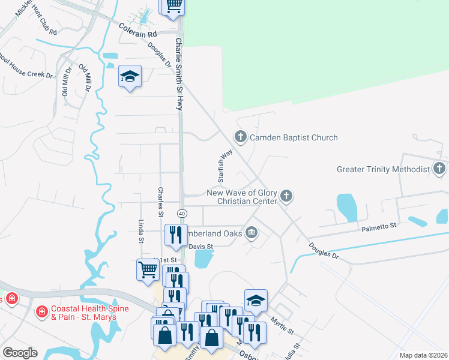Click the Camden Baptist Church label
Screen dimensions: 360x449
pyautogui.click(x=294, y=137)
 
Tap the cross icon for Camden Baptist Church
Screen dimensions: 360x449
pyautogui.click(x=240, y=137)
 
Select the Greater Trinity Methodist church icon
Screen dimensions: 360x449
pyautogui.click(x=439, y=169)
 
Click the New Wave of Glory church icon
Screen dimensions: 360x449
pyautogui.click(x=287, y=196)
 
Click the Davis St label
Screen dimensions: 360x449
pyautogui.click(x=201, y=246)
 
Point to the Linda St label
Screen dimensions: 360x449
pyautogui.click(x=142, y=231)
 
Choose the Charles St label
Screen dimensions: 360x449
pyautogui.click(x=160, y=201)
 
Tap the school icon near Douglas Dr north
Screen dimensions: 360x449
pyautogui.click(x=130, y=76)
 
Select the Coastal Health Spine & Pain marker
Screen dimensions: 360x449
pyautogui.click(x=41, y=311)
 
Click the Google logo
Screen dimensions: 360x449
pyautogui.click(x=20, y=353)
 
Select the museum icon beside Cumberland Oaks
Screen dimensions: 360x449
pyautogui.click(x=252, y=232)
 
